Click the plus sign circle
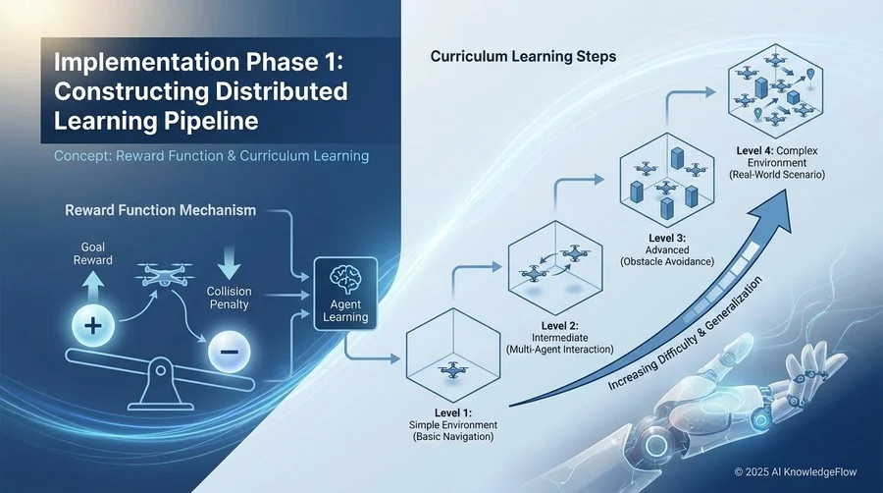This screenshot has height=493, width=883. [93, 326]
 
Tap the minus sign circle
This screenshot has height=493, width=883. [230, 353]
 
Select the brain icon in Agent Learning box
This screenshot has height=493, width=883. [345, 280]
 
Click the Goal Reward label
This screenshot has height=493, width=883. [93, 253]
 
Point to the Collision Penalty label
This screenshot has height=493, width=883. [229, 298]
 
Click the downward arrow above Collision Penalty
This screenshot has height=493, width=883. [229, 262]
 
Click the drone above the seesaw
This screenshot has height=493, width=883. [164, 274]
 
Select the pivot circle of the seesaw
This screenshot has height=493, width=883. [161, 371]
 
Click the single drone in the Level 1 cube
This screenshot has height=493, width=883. [452, 371]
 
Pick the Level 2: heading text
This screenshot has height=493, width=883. [560, 326]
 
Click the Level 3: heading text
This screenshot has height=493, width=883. [667, 238]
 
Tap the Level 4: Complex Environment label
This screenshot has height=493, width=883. [777, 156]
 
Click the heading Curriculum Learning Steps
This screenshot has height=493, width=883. [523, 56]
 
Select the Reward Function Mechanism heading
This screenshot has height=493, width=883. [161, 210]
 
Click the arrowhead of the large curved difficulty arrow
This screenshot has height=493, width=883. [774, 211]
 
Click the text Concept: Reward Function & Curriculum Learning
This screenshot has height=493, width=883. [211, 156]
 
